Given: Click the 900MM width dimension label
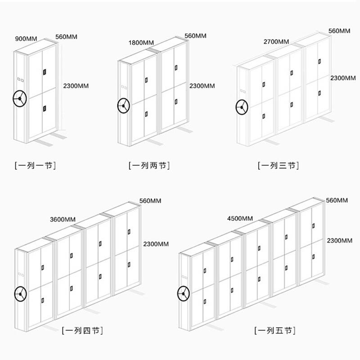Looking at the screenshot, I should (x=26, y=39).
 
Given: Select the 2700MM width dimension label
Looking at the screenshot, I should (x=276, y=42).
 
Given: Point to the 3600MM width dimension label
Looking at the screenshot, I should (x=63, y=220).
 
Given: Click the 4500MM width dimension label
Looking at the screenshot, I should (x=240, y=219).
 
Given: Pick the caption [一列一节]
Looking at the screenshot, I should (x=35, y=166).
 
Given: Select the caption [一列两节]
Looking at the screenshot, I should (x=149, y=166).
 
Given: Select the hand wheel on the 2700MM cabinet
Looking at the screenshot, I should (x=242, y=108).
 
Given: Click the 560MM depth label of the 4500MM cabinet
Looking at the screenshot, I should (x=337, y=200).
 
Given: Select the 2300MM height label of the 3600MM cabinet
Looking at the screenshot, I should (x=156, y=244).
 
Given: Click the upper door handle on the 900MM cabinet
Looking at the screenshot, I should (x=45, y=72).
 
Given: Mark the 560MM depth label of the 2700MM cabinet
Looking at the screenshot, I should (x=339, y=31).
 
